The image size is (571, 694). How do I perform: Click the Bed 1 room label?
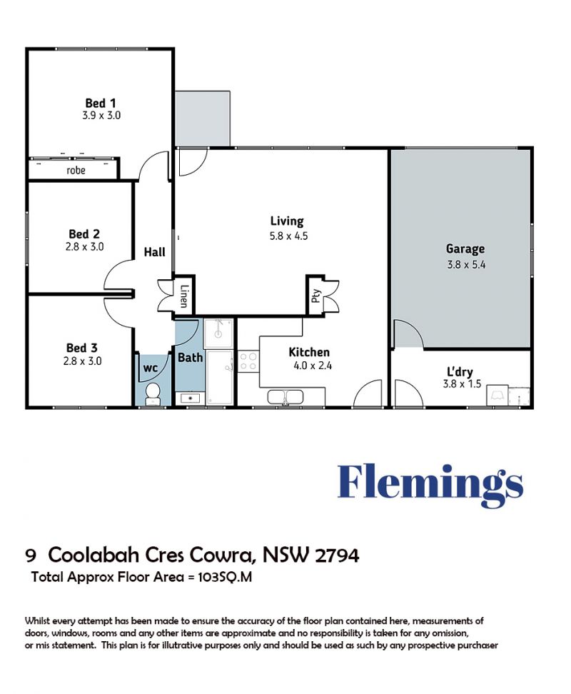(101, 103)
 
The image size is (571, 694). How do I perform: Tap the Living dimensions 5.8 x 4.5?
(288, 236)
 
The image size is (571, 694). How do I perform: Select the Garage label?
(465, 249)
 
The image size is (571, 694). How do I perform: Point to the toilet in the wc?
(153, 393)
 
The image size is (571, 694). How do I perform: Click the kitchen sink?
(285, 396)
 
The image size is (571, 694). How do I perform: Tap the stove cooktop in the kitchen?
(248, 361)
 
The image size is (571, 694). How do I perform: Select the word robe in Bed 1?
(76, 171)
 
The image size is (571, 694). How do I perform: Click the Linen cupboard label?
(184, 296)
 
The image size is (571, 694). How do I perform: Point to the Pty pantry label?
(315, 296)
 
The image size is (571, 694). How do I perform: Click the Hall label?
(154, 252)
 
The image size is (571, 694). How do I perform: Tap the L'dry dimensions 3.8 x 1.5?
(462, 383)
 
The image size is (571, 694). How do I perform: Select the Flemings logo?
(430, 486)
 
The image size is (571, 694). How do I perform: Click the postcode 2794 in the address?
(337, 555)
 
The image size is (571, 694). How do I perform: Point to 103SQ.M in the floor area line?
(225, 577)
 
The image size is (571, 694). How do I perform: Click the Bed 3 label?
(82, 348)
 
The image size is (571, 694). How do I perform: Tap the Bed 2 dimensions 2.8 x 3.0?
(84, 246)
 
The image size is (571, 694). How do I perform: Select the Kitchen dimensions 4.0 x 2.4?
(312, 366)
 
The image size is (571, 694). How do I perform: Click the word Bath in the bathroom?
(190, 357)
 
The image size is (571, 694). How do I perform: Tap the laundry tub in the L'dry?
(497, 396)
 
